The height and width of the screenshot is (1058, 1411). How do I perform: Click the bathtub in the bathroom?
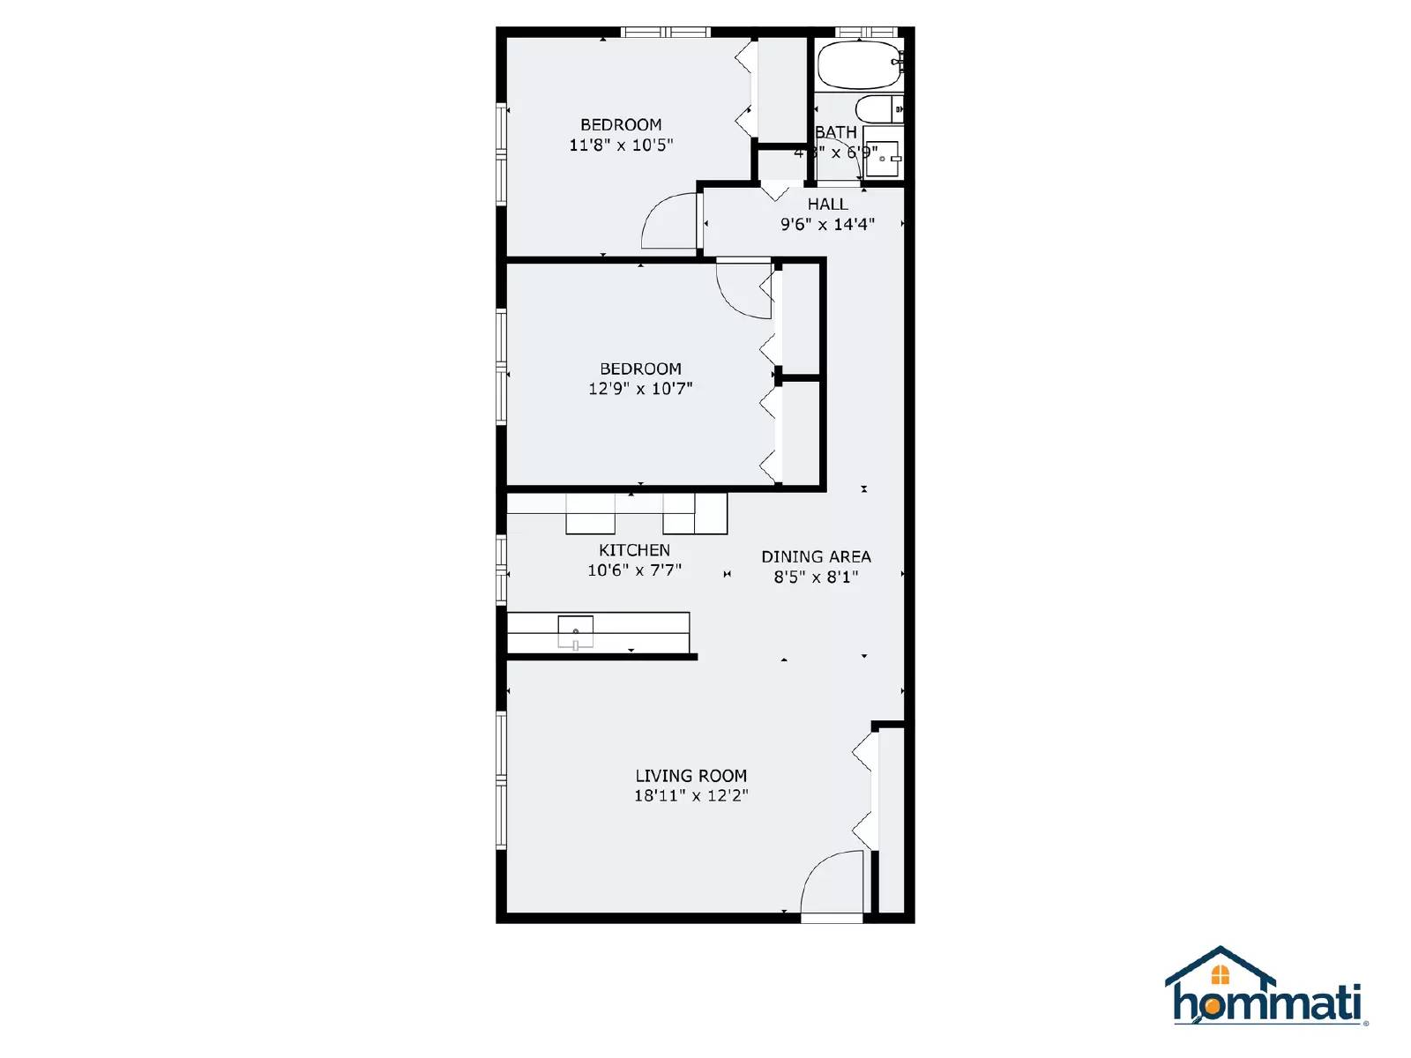[858, 64]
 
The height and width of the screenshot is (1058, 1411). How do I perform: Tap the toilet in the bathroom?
[877, 109]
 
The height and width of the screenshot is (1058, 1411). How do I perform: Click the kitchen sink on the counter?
[575, 631]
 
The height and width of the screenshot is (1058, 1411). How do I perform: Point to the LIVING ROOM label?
[691, 776]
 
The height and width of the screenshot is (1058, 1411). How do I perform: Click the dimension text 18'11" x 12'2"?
[691, 796]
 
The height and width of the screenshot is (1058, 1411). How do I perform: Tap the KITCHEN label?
[634, 550]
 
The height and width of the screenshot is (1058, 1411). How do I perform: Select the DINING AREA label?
[816, 557]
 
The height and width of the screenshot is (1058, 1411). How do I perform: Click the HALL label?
[827, 205]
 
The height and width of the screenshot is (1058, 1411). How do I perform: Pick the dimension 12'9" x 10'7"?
[640, 389]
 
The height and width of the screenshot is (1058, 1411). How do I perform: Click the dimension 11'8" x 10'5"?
[621, 145]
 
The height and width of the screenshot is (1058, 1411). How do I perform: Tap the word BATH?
[835, 132]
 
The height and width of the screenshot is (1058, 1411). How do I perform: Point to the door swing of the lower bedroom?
[743, 287]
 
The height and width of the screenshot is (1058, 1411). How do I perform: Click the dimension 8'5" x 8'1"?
[816, 577]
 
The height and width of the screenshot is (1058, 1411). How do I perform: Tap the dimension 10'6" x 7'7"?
[634, 570]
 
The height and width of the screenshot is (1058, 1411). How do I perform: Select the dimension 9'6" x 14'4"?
[827, 225]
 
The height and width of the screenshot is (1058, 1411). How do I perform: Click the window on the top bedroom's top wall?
[666, 33]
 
